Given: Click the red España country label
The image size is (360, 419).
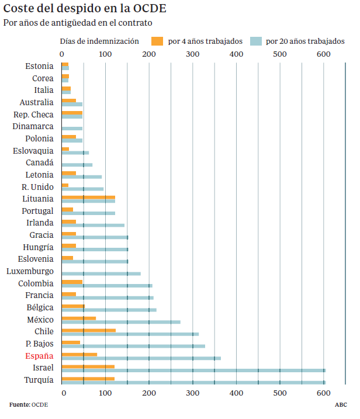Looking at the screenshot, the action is point(39,356).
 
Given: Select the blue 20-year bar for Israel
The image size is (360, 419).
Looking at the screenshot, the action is point(194,370).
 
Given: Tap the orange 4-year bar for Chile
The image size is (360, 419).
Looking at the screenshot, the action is point(89,331).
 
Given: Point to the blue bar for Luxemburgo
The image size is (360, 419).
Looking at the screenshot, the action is point(101,273).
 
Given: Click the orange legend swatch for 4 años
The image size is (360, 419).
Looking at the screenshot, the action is point(157,41).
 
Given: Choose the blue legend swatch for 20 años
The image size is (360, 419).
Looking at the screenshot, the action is point(256,41).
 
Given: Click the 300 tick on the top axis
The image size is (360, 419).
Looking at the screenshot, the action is point(193,54).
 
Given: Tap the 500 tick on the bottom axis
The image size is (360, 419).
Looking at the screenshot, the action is point(280,393).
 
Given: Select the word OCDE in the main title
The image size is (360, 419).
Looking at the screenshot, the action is point(150,8).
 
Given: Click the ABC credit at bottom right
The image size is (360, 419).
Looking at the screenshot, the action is point(341,405).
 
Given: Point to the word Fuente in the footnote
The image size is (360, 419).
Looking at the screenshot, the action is point(20,405).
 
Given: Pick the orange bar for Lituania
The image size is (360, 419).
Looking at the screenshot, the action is point(88,198).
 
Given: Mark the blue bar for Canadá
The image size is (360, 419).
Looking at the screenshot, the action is point(77,165).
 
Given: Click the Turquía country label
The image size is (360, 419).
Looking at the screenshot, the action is point(39,380).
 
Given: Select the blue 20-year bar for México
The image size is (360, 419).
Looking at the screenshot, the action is point(121,322).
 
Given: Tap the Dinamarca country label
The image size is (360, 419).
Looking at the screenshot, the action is point(33,126).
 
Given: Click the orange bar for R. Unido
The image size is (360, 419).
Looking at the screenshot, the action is point(65,185).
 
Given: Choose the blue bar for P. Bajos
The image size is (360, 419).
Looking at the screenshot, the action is point(134,347).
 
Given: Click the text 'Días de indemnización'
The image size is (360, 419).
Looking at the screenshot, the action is point(99,41).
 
